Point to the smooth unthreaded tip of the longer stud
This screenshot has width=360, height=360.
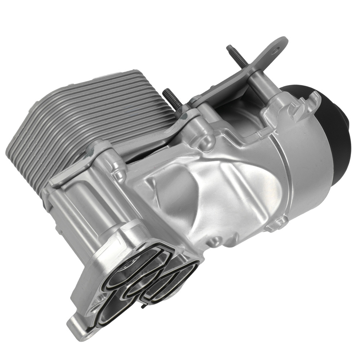coord(229,48)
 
